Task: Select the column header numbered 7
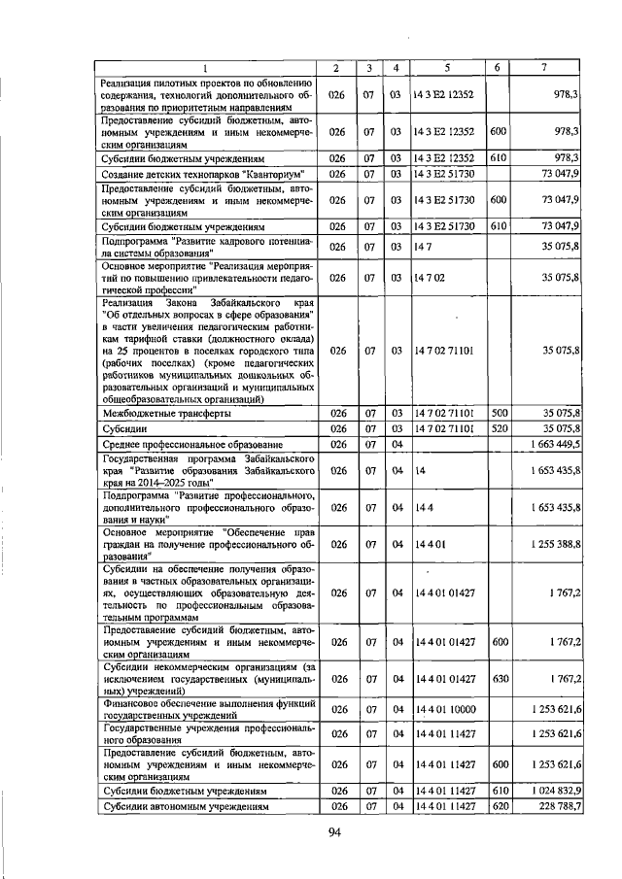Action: pyautogui.click(x=544, y=67)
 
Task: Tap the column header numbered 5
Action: pyautogui.click(x=447, y=67)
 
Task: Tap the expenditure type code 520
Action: pyautogui.click(x=500, y=428)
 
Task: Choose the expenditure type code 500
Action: pyautogui.click(x=500, y=413)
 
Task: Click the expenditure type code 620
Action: pyautogui.click(x=500, y=807)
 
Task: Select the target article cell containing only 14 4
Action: pyautogui.click(x=423, y=506)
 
